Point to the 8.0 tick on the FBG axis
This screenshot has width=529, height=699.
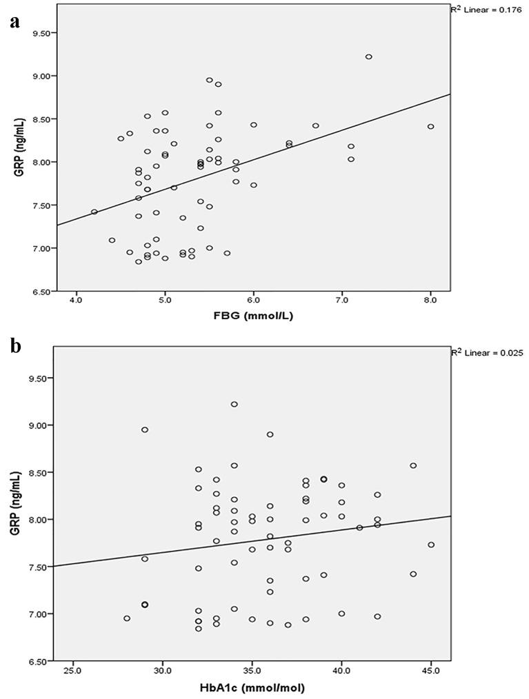pos(430,301)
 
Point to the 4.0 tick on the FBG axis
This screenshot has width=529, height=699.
pos(76,301)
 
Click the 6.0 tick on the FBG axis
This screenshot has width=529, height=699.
pos(253,301)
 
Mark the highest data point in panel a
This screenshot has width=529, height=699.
pos(368,57)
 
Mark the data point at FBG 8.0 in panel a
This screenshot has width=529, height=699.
pos(430,126)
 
